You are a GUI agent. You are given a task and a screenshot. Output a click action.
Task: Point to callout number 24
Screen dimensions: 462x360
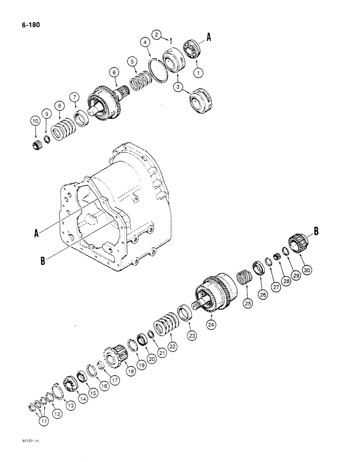[x=211, y=325]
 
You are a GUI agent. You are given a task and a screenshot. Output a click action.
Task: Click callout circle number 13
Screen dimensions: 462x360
[x=70, y=405]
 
